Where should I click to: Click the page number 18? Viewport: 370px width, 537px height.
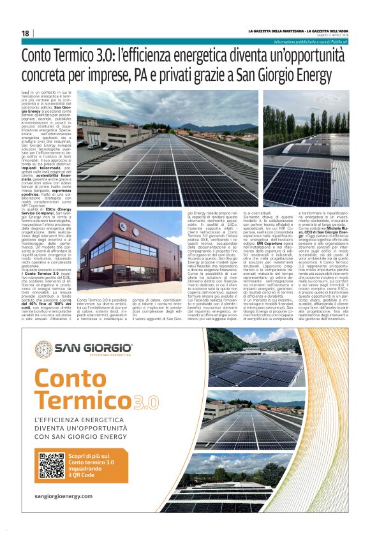[x=26, y=33]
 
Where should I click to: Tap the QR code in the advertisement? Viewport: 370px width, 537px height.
[x=52, y=466]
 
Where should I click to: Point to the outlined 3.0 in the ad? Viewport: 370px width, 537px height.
[x=146, y=402]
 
